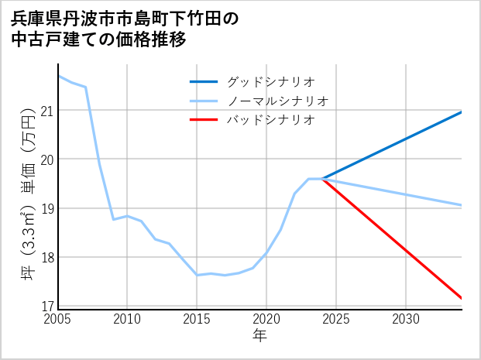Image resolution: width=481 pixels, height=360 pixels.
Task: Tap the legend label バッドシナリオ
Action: pos(271,120)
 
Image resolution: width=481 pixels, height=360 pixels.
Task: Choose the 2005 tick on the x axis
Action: pos(58,319)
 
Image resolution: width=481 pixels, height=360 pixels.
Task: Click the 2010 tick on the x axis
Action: pos(127,319)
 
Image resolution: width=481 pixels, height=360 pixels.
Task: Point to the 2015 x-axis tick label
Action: pos(197,319)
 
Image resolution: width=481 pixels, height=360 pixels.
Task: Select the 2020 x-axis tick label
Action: pos(266,319)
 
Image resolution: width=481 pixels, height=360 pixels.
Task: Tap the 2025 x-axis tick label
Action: pos(336,319)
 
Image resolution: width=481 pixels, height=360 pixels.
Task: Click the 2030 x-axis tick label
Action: pos(406,319)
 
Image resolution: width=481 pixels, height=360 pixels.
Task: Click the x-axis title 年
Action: pos(260,336)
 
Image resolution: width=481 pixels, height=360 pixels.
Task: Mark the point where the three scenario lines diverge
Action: pos(322,179)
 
